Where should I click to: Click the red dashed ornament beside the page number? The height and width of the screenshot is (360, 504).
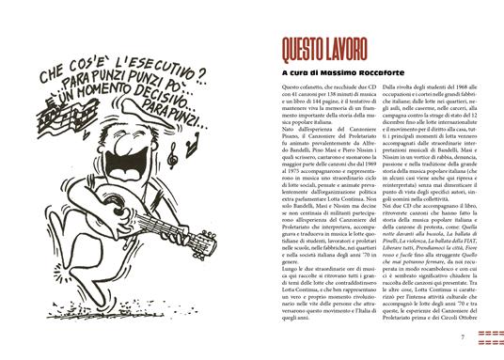[x=486, y=337]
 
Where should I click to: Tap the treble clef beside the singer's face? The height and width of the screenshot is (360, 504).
[x=102, y=133]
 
